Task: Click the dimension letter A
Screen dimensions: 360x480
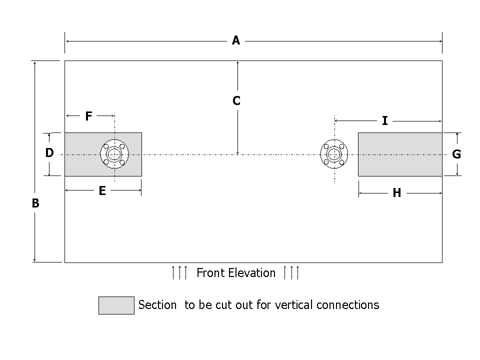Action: click(236, 40)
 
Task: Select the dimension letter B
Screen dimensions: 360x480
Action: click(35, 203)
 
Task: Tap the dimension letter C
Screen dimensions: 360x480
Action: click(236, 101)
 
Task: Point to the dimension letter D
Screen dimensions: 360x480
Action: click(49, 153)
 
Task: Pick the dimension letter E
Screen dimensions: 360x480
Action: click(102, 190)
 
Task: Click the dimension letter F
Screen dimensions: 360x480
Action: click(88, 116)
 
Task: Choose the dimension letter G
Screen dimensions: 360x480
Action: click(456, 154)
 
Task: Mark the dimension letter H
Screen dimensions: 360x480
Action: click(396, 193)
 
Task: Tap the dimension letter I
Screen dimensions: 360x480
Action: click(384, 121)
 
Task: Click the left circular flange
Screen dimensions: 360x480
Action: click(115, 154)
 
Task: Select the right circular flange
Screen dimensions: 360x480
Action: click(334, 154)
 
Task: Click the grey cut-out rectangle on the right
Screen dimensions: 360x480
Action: click(399, 154)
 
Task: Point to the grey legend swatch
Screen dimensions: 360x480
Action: click(116, 305)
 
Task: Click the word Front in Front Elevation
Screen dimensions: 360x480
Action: click(210, 273)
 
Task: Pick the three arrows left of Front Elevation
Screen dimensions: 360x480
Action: click(179, 273)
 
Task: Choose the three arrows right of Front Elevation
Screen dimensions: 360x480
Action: click(291, 273)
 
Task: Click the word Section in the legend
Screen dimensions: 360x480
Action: click(157, 304)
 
